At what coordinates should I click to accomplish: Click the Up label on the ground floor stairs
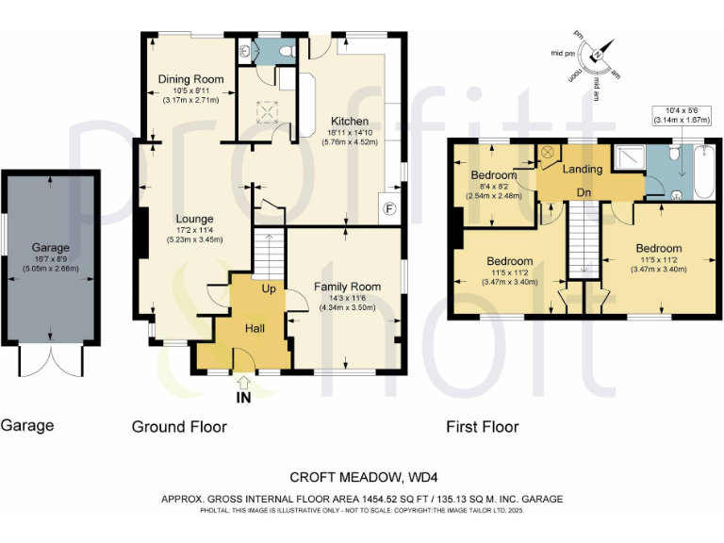pos(270,288)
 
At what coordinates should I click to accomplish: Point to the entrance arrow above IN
pos(244,381)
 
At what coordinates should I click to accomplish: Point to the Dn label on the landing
pos(584,191)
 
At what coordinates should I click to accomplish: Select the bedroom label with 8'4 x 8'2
pos(494,175)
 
